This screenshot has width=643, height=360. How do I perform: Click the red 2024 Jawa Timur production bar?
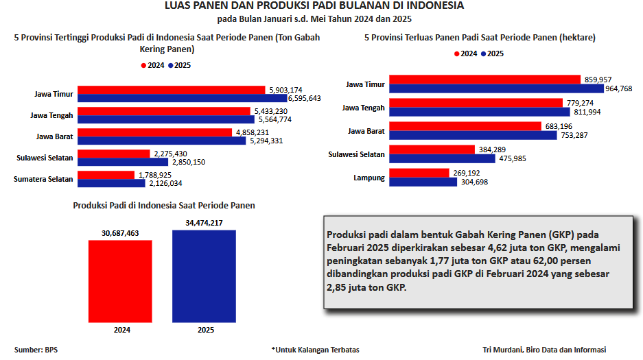click(x=172, y=90)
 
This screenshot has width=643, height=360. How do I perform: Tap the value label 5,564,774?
click(x=273, y=119)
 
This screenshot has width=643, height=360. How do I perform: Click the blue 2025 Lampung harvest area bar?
click(x=423, y=182)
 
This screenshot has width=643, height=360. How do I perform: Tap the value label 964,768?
click(x=618, y=88)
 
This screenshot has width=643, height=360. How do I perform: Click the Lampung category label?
click(x=369, y=178)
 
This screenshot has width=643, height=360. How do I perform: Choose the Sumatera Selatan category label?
click(x=43, y=179)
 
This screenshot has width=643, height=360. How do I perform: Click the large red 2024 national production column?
click(x=121, y=280)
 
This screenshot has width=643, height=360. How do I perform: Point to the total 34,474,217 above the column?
click(x=204, y=224)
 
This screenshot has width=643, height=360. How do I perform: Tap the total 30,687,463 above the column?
click(x=121, y=233)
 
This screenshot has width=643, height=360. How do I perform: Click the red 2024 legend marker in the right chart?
click(x=457, y=53)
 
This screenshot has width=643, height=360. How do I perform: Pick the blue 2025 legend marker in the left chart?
click(x=172, y=66)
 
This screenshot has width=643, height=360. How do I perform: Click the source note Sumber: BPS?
click(x=36, y=350)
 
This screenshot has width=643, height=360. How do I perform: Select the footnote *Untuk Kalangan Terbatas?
click(x=315, y=350)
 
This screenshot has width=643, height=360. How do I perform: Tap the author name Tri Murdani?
click(x=504, y=350)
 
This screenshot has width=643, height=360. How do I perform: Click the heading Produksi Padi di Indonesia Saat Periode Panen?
click(x=164, y=205)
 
